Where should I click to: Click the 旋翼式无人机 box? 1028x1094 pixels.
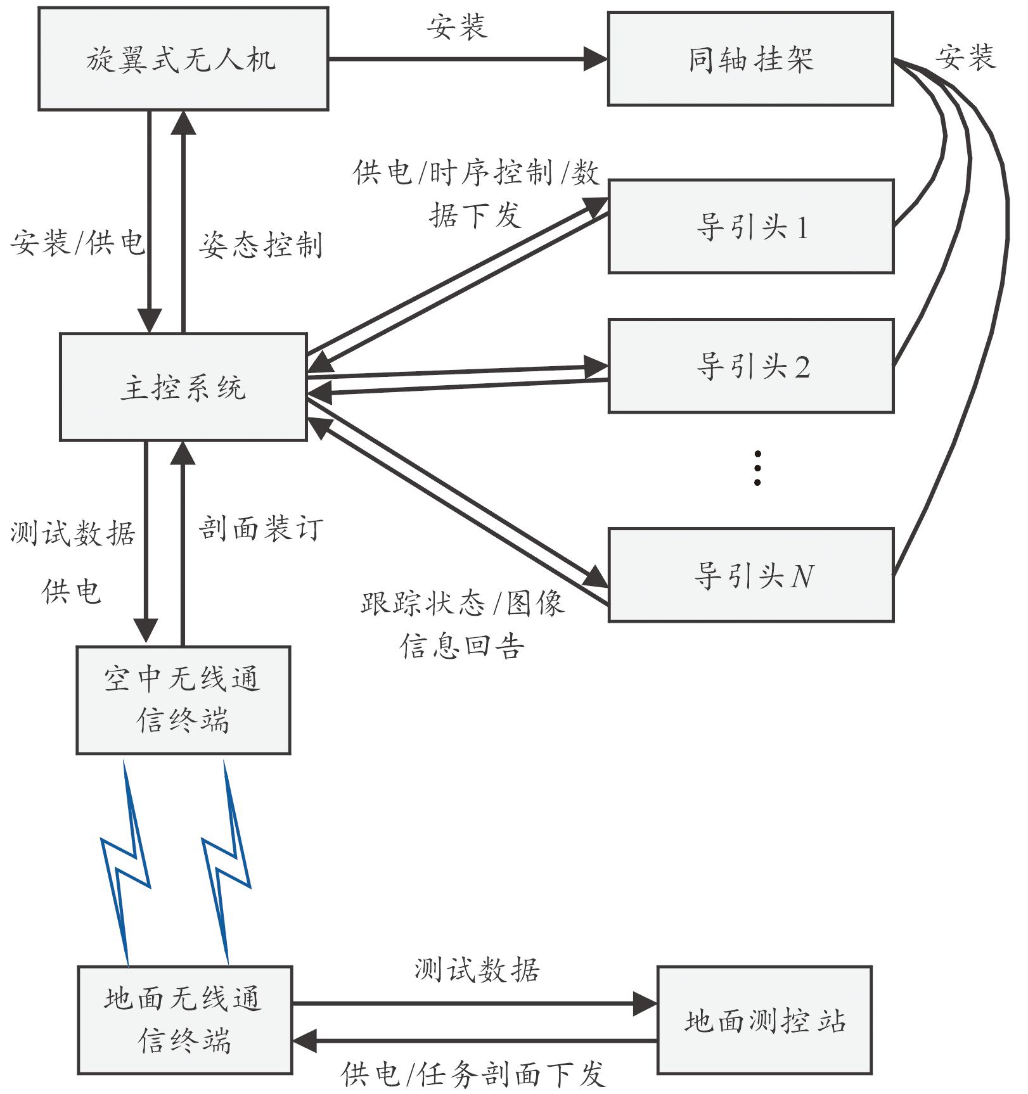click(x=183, y=59)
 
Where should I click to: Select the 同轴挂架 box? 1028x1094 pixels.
click(x=750, y=59)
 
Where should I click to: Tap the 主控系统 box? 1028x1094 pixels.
click(x=183, y=387)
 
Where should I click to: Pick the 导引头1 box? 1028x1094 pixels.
click(x=751, y=227)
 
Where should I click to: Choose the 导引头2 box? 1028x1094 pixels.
click(x=751, y=366)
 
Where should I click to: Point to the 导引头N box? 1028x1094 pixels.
click(x=751, y=575)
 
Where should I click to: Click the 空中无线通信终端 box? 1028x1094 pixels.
click(x=183, y=700)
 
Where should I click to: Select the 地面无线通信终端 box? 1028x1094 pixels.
click(x=184, y=1020)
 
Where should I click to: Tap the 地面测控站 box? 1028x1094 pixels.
click(x=764, y=1020)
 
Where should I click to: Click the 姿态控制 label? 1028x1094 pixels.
click(x=260, y=245)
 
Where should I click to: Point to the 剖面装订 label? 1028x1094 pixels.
click(x=260, y=528)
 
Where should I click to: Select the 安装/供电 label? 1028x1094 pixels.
click(x=77, y=243)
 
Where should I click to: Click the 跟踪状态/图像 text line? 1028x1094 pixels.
click(x=462, y=602)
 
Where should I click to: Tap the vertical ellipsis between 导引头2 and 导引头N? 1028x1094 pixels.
click(x=757, y=468)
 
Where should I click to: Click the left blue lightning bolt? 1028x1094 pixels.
click(x=125, y=863)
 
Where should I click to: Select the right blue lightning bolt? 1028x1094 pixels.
click(x=226, y=862)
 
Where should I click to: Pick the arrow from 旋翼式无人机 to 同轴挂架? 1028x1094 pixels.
click(x=468, y=59)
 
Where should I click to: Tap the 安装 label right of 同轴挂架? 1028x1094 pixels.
click(x=965, y=57)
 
